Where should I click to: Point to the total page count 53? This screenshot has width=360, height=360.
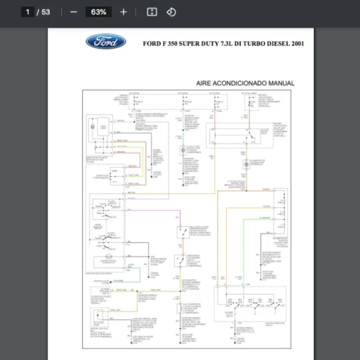(46, 12)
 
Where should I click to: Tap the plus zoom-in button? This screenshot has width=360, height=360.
(124, 12)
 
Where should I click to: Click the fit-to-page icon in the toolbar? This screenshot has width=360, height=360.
(152, 12)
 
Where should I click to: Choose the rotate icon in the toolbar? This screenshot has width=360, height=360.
(171, 12)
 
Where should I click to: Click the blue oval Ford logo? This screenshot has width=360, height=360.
(106, 42)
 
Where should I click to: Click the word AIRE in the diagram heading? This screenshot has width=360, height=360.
(206, 83)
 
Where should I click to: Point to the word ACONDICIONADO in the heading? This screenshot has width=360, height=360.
(242, 83)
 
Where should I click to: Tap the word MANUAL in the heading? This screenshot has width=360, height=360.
(282, 83)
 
